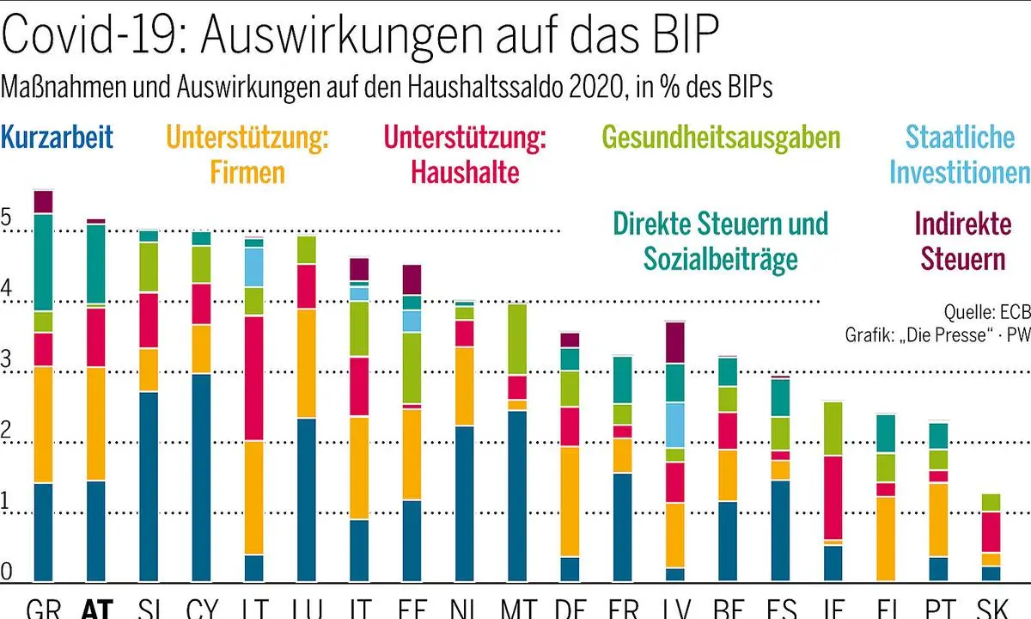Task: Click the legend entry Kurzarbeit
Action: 58,138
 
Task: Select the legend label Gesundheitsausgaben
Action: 721,138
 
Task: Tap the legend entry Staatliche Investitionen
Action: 959,155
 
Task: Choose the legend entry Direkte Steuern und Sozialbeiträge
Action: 721,242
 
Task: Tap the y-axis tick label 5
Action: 7,220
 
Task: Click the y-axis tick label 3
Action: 7,362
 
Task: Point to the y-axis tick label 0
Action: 7,570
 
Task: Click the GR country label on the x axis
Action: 43,609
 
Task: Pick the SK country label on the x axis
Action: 991,609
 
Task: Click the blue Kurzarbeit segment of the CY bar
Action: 201,477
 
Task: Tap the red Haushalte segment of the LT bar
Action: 253,378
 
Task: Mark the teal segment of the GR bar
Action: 43,262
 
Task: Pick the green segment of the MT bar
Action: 517,339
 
